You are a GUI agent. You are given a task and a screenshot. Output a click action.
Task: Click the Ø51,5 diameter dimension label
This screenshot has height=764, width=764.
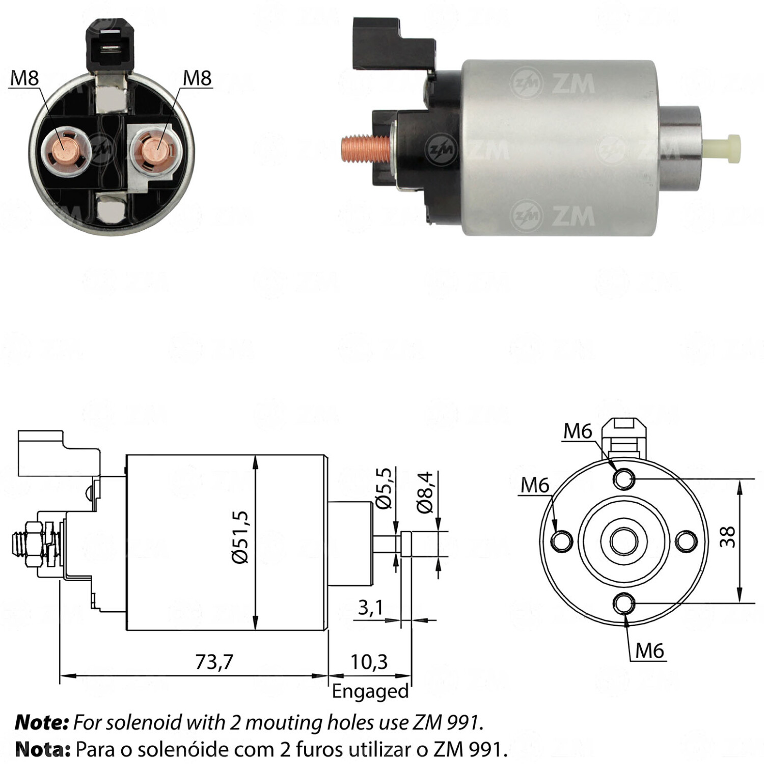tap(240, 537)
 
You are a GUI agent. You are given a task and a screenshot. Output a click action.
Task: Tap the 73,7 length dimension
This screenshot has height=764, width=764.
tap(214, 662)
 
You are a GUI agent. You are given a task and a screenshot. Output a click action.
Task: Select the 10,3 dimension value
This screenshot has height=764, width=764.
tap(369, 662)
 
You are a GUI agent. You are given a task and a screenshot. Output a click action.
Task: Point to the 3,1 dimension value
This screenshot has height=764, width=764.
tap(370, 607)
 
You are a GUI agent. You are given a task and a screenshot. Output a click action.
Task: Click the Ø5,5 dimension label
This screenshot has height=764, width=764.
tap(385, 488)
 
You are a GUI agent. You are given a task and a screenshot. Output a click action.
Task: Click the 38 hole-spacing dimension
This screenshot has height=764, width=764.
tap(728, 537)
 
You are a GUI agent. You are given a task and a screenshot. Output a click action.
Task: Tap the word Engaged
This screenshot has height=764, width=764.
tap(370, 691)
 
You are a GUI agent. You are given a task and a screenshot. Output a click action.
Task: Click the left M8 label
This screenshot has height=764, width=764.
tap(24, 78)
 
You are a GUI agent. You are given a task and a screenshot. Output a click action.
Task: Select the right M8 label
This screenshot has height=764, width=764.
tap(197, 78)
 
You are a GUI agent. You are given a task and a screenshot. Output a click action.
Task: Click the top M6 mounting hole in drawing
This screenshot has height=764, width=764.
tap(624, 479)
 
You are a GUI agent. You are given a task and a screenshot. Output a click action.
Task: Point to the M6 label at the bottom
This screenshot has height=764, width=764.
tap(650, 650)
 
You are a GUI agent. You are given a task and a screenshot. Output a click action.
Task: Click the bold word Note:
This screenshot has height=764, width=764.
tap(42, 722)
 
